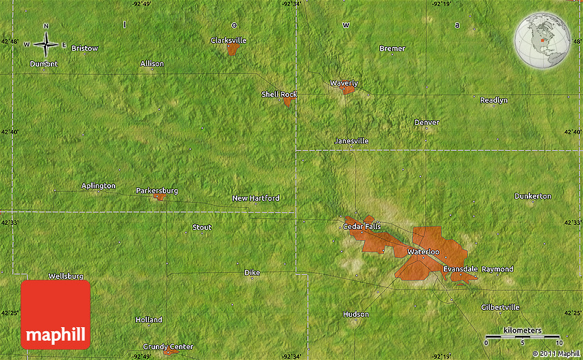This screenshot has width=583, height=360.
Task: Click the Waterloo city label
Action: click(423, 252)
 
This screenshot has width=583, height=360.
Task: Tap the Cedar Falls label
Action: click(361, 226)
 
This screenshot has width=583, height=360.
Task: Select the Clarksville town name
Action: click(228, 40)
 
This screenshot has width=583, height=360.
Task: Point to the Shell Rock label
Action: click(278, 94)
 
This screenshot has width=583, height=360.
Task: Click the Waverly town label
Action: click(344, 83)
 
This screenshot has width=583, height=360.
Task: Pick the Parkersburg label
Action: click(157, 191)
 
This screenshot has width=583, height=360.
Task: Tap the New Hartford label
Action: click(256, 198)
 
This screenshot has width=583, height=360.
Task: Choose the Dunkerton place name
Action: click(532, 196)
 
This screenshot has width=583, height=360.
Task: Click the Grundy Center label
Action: click(168, 346)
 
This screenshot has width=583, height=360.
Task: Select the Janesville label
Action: click(351, 141)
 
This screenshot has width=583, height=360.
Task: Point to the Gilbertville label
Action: click(500, 307)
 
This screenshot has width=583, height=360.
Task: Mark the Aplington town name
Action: click(99, 186)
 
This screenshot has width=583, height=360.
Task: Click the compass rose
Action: click(46, 45)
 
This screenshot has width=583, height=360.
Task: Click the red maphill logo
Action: click(56, 314)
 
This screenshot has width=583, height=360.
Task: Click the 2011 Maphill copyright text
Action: click(556, 354)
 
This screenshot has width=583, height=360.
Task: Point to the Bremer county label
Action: click(392, 49)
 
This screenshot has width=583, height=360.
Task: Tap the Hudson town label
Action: click(355, 314)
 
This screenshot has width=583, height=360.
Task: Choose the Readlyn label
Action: click(494, 100)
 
